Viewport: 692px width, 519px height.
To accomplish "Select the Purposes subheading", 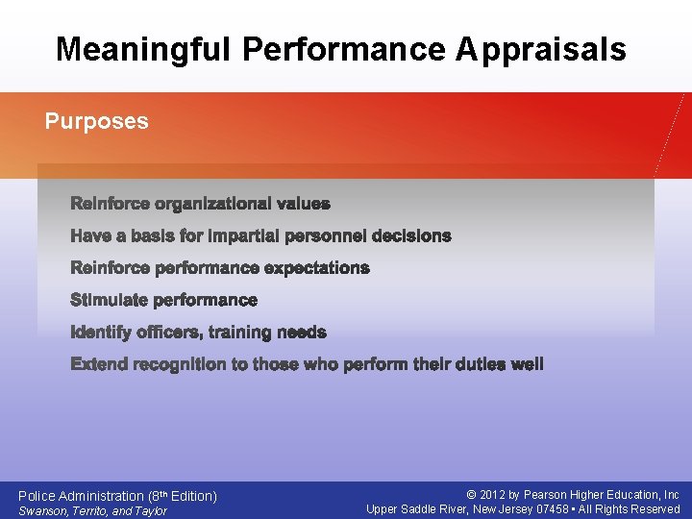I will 97,121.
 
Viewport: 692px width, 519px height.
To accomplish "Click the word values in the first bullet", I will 303,204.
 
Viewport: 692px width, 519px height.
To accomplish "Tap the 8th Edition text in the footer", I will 184,496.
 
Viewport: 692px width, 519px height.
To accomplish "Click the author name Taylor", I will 150,510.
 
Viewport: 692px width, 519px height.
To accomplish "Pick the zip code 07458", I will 553,509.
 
